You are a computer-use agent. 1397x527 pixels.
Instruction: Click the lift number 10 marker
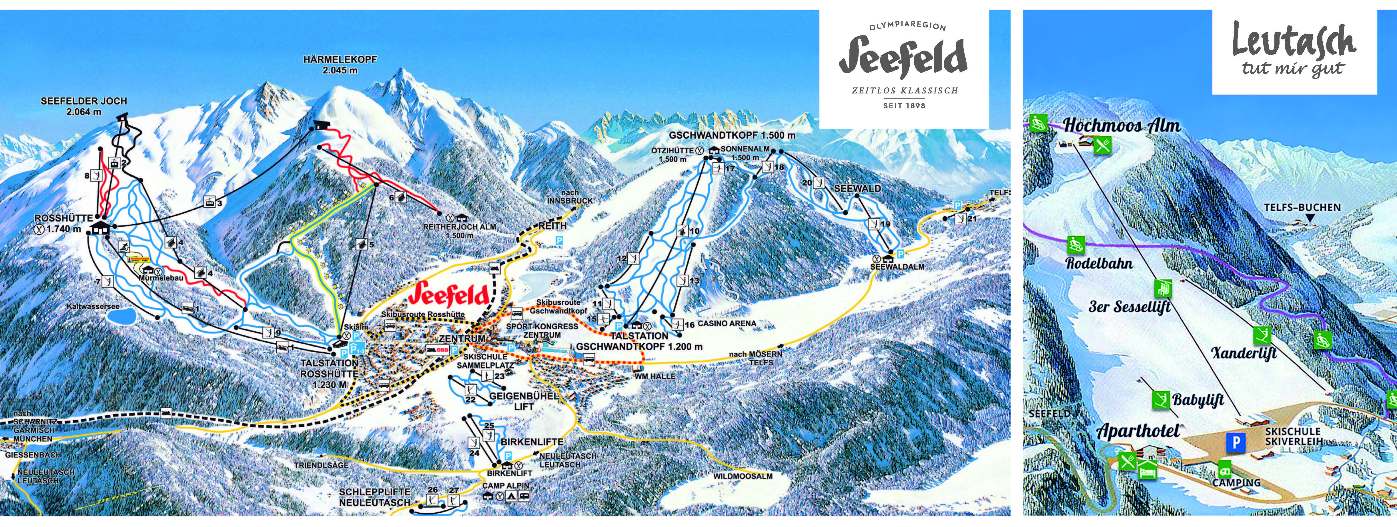(x=684, y=230)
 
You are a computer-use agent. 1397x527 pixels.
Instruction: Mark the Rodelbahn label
(x=1099, y=263)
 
